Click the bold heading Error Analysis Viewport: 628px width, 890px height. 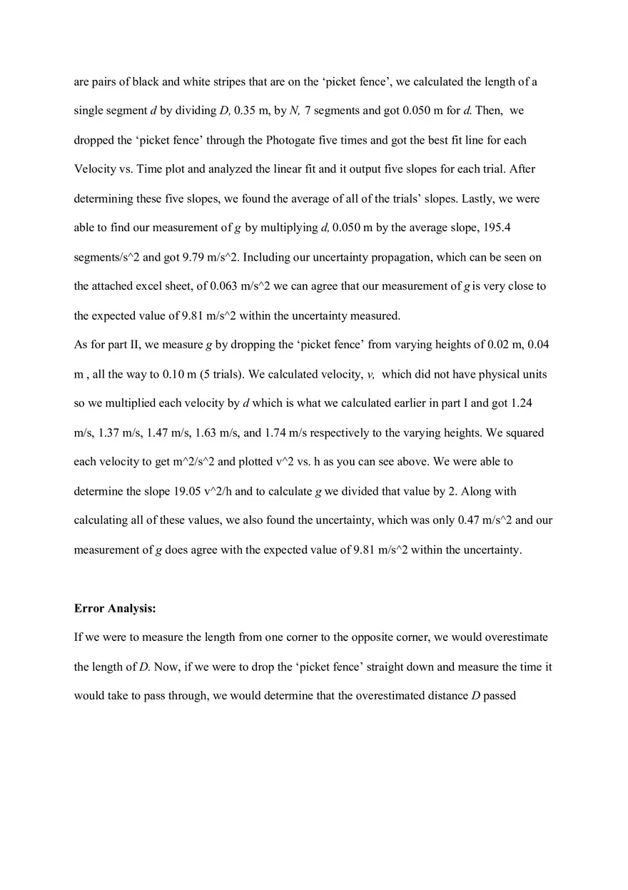[115, 609]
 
